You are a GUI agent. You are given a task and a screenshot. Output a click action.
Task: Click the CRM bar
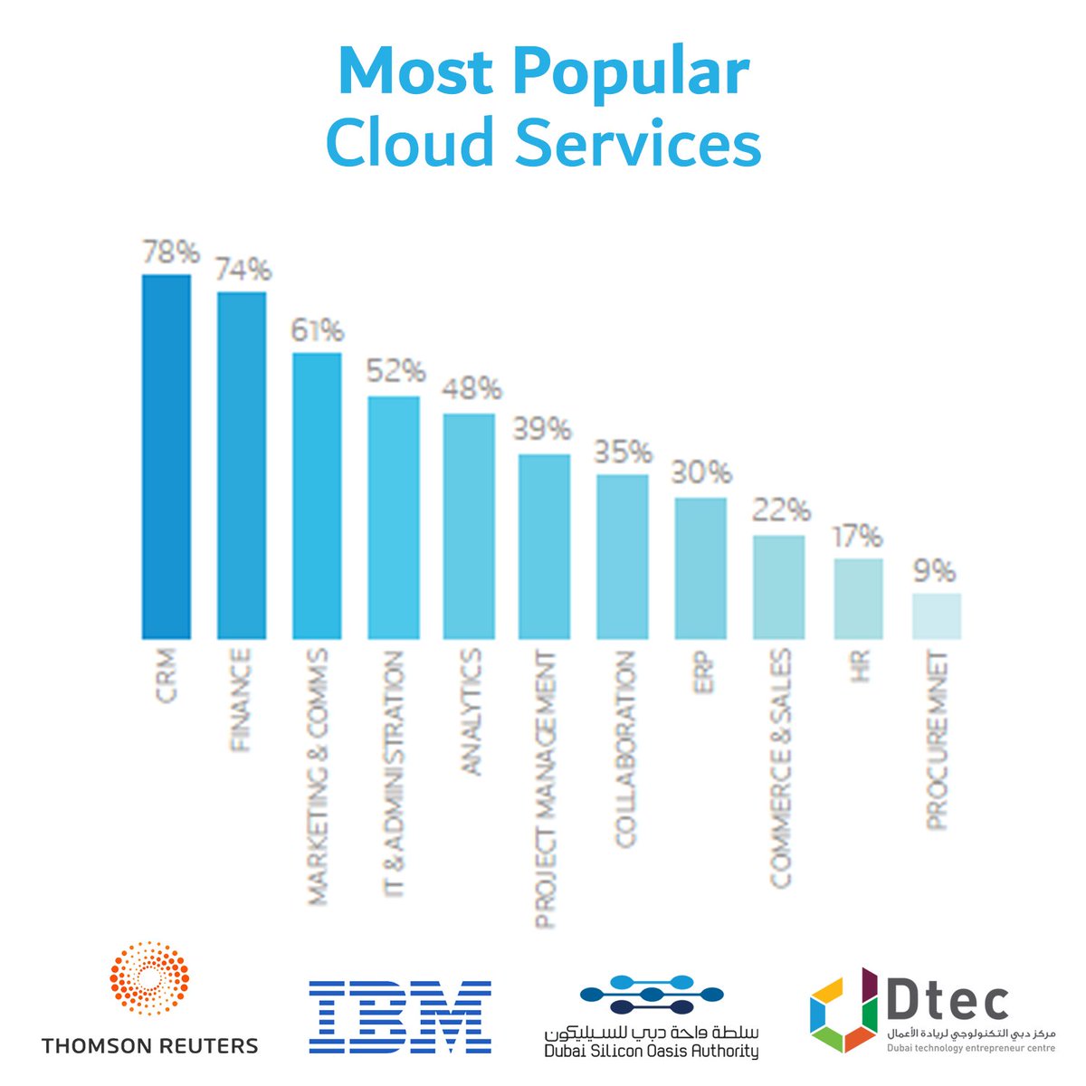click(167, 456)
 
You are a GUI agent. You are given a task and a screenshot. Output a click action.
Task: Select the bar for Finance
click(242, 465)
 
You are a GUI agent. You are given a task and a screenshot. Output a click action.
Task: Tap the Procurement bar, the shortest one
click(936, 616)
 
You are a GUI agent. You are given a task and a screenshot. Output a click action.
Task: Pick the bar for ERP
click(700, 568)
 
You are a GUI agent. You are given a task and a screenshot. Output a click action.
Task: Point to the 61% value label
click(316, 330)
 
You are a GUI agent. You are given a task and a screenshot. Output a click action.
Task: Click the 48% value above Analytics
click(471, 390)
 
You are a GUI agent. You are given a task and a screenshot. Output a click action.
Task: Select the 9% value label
click(934, 571)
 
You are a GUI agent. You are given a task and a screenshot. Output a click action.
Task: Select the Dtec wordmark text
click(945, 999)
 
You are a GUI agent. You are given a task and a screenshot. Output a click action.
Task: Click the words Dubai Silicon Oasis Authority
click(651, 1051)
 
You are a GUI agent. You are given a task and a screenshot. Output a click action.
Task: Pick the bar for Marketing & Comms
click(317, 496)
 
